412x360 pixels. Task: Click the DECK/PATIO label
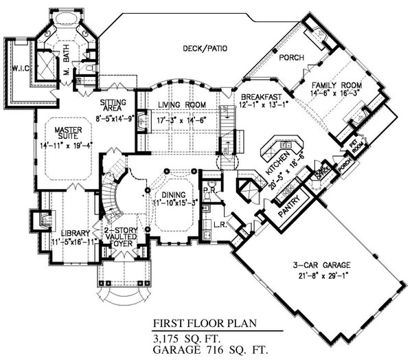[x=204, y=48]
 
